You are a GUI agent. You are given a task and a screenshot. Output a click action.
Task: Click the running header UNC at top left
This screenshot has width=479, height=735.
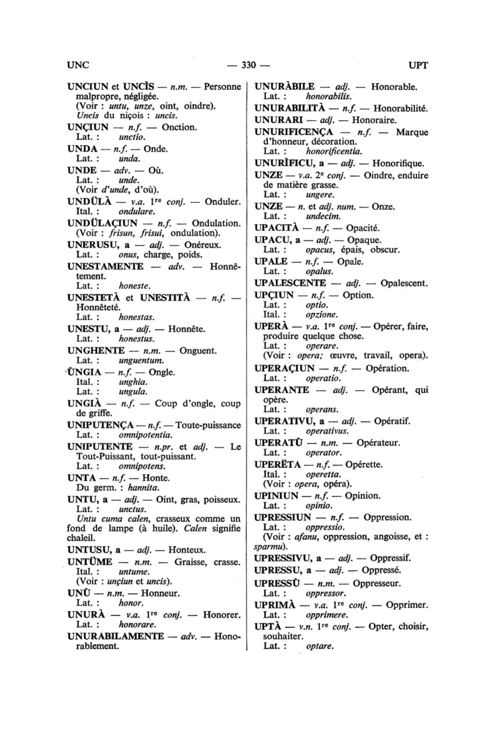coord(78,65)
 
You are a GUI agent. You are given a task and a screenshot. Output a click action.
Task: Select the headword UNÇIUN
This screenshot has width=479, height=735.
coord(88,127)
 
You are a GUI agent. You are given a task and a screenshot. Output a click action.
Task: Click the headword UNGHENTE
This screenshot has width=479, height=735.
coord(96,351)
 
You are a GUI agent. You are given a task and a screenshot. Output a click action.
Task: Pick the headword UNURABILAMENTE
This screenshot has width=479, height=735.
coord(116,636)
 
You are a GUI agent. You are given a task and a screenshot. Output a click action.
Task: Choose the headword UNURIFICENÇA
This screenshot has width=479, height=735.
coord(294,132)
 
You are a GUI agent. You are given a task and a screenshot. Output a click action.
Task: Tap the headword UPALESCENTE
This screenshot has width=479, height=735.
coord(290,283)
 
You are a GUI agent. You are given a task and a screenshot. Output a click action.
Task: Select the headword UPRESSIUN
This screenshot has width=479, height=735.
coord(283,517)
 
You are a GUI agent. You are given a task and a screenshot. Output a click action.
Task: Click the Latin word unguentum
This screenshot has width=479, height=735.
coord(141,360)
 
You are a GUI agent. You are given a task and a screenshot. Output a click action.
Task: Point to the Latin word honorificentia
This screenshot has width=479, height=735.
coord(334,151)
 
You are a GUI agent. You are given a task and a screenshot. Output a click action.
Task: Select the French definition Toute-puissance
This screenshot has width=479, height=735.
coord(208,425)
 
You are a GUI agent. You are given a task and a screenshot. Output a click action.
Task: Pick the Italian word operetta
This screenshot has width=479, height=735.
coord(323,474)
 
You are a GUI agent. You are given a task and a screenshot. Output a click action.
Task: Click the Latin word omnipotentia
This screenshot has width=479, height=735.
coord(145,435)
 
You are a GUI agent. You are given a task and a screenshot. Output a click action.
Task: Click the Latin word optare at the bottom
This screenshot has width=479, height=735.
coord(319,647)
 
